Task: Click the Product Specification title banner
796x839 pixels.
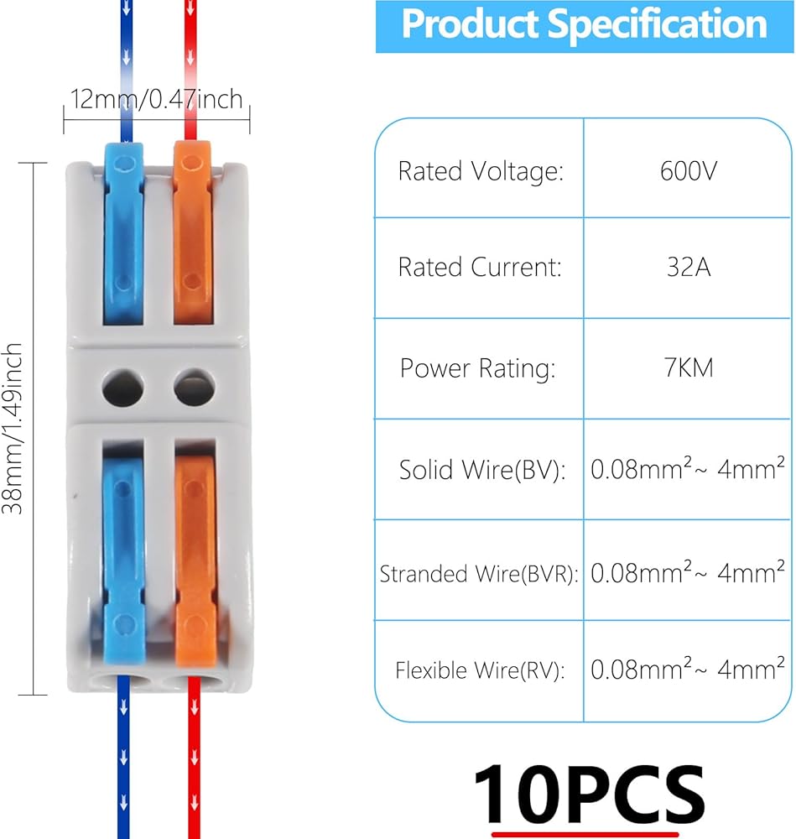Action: [x=585, y=25]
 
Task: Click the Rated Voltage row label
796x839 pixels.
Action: [x=480, y=171]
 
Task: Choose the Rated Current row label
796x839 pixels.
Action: [x=480, y=268]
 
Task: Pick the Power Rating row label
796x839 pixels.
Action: [x=478, y=368]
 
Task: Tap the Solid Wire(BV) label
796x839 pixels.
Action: [x=482, y=469]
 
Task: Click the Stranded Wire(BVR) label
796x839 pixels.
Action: [x=479, y=575]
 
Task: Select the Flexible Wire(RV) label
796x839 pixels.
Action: [x=480, y=671]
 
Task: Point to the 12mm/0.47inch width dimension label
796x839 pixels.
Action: [x=156, y=100]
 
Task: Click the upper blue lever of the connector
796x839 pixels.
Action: [x=122, y=235]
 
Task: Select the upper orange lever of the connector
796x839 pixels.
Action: [x=193, y=235]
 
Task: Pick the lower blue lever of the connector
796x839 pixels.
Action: [x=123, y=554]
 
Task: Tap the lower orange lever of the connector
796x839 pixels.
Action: [x=195, y=554]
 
